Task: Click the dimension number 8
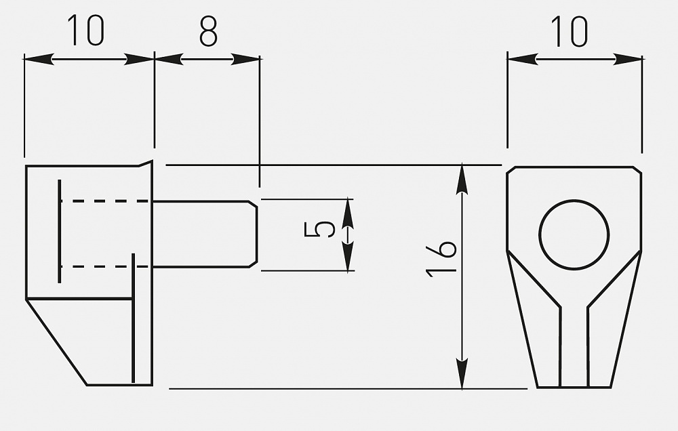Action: (x=208, y=32)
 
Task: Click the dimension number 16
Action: (x=441, y=258)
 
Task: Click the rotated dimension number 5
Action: (x=319, y=230)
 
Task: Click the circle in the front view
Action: (x=574, y=200)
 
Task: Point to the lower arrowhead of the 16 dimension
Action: (x=462, y=374)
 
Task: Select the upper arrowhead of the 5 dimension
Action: (x=348, y=213)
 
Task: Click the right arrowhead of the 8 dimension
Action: (x=245, y=59)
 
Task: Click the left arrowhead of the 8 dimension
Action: (x=169, y=59)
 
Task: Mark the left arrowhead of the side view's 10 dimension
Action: (x=39, y=59)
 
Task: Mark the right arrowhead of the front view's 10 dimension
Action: (x=628, y=59)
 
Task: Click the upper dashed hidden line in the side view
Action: (x=105, y=201)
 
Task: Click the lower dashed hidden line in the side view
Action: (x=105, y=267)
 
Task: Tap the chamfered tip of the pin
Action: (x=253, y=234)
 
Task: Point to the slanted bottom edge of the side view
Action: (x=57, y=342)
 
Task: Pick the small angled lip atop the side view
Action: (x=146, y=163)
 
